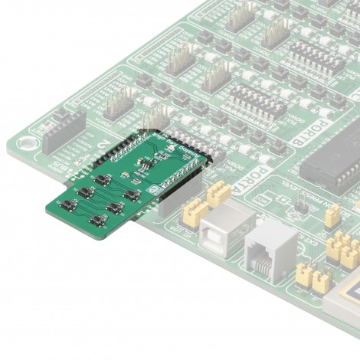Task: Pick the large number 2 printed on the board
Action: [105, 146]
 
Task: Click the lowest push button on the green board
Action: [98, 221]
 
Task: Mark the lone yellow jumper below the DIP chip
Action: [332, 217]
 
